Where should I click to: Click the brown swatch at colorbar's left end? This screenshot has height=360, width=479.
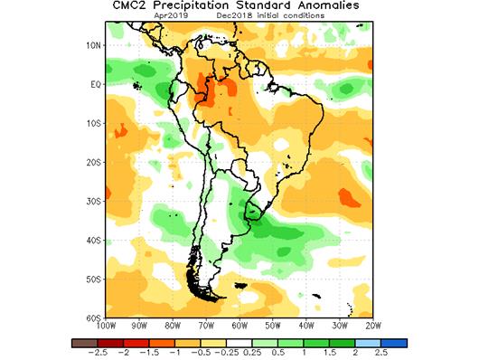[82, 344]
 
